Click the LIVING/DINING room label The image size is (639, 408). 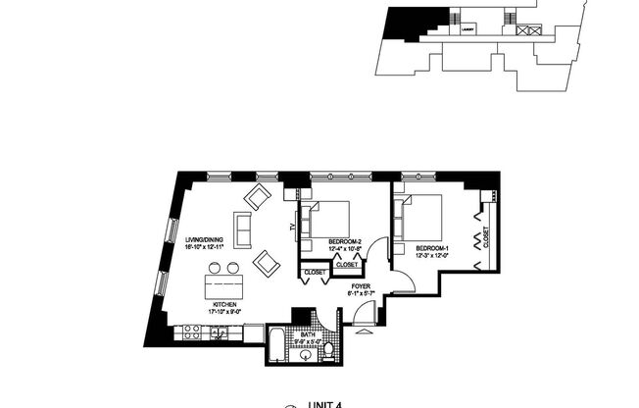(x=206, y=240)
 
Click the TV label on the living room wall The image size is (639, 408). (x=292, y=228)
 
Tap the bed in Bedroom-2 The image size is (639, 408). (x=330, y=218)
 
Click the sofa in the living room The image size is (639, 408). (x=242, y=229)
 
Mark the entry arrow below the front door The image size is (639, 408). (x=361, y=332)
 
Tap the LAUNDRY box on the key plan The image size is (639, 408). (x=467, y=29)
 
